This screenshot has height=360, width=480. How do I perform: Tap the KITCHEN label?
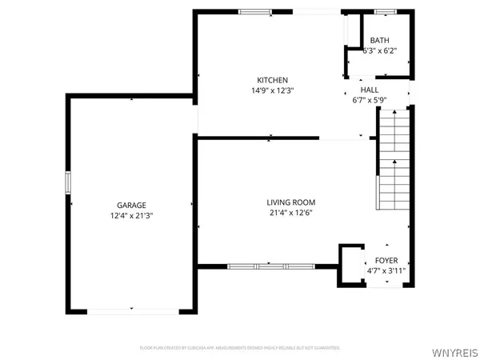(272, 80)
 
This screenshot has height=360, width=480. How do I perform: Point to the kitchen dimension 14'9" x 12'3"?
(272, 90)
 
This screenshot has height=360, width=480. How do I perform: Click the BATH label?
(379, 41)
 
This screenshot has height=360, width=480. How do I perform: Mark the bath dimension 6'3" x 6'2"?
(379, 51)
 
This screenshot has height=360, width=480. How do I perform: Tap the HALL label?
(369, 90)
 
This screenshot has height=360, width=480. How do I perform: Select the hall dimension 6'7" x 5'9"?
(369, 101)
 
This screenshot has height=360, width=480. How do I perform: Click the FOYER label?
(386, 261)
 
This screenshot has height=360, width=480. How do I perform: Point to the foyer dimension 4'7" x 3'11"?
(386, 271)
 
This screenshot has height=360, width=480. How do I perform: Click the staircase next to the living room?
(394, 160)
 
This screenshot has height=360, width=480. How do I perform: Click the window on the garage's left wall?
(67, 182)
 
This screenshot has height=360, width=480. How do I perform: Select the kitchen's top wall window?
(255, 11)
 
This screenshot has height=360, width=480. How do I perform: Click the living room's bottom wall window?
(269, 266)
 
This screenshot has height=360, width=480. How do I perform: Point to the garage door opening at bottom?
(132, 311)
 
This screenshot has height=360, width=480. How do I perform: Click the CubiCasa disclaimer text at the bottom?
(240, 348)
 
